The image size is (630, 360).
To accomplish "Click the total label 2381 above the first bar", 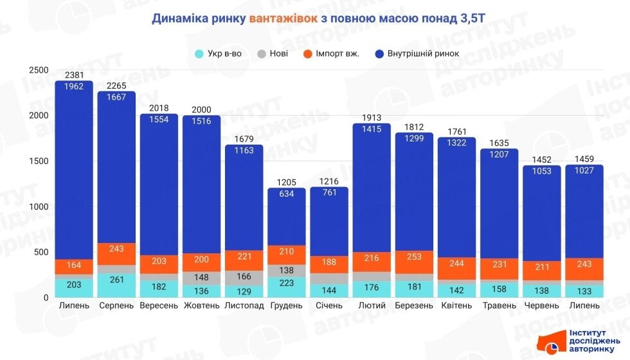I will point(74,76).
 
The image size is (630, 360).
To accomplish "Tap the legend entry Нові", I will point(274,53).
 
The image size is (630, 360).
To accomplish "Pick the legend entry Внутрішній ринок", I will point(417,53).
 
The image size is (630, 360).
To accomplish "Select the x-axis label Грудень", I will point(286,305).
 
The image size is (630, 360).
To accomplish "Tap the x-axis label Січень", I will point(328,305).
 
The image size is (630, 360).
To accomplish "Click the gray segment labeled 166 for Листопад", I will point(244,277).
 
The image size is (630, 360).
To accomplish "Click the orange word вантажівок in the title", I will point(283,18).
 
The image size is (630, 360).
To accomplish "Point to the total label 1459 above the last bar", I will point(584,160).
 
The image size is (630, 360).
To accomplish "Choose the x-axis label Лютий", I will point(372,305).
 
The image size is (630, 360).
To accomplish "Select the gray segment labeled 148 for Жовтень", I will point(201,278).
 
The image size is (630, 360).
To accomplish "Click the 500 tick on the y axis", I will point(41,252).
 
